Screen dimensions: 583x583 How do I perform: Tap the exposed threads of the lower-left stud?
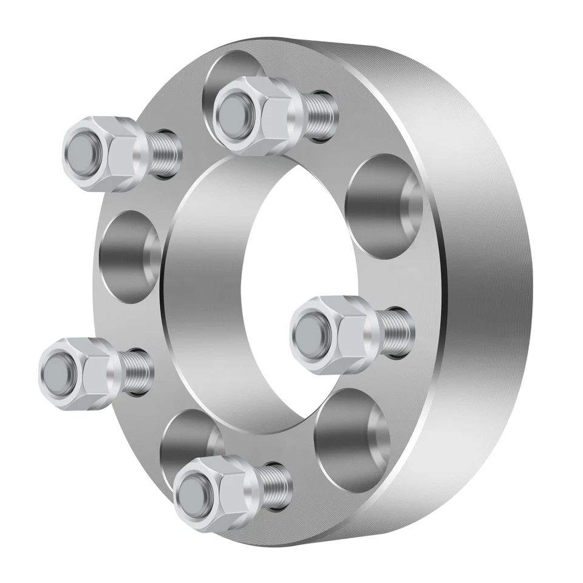[137, 372]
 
